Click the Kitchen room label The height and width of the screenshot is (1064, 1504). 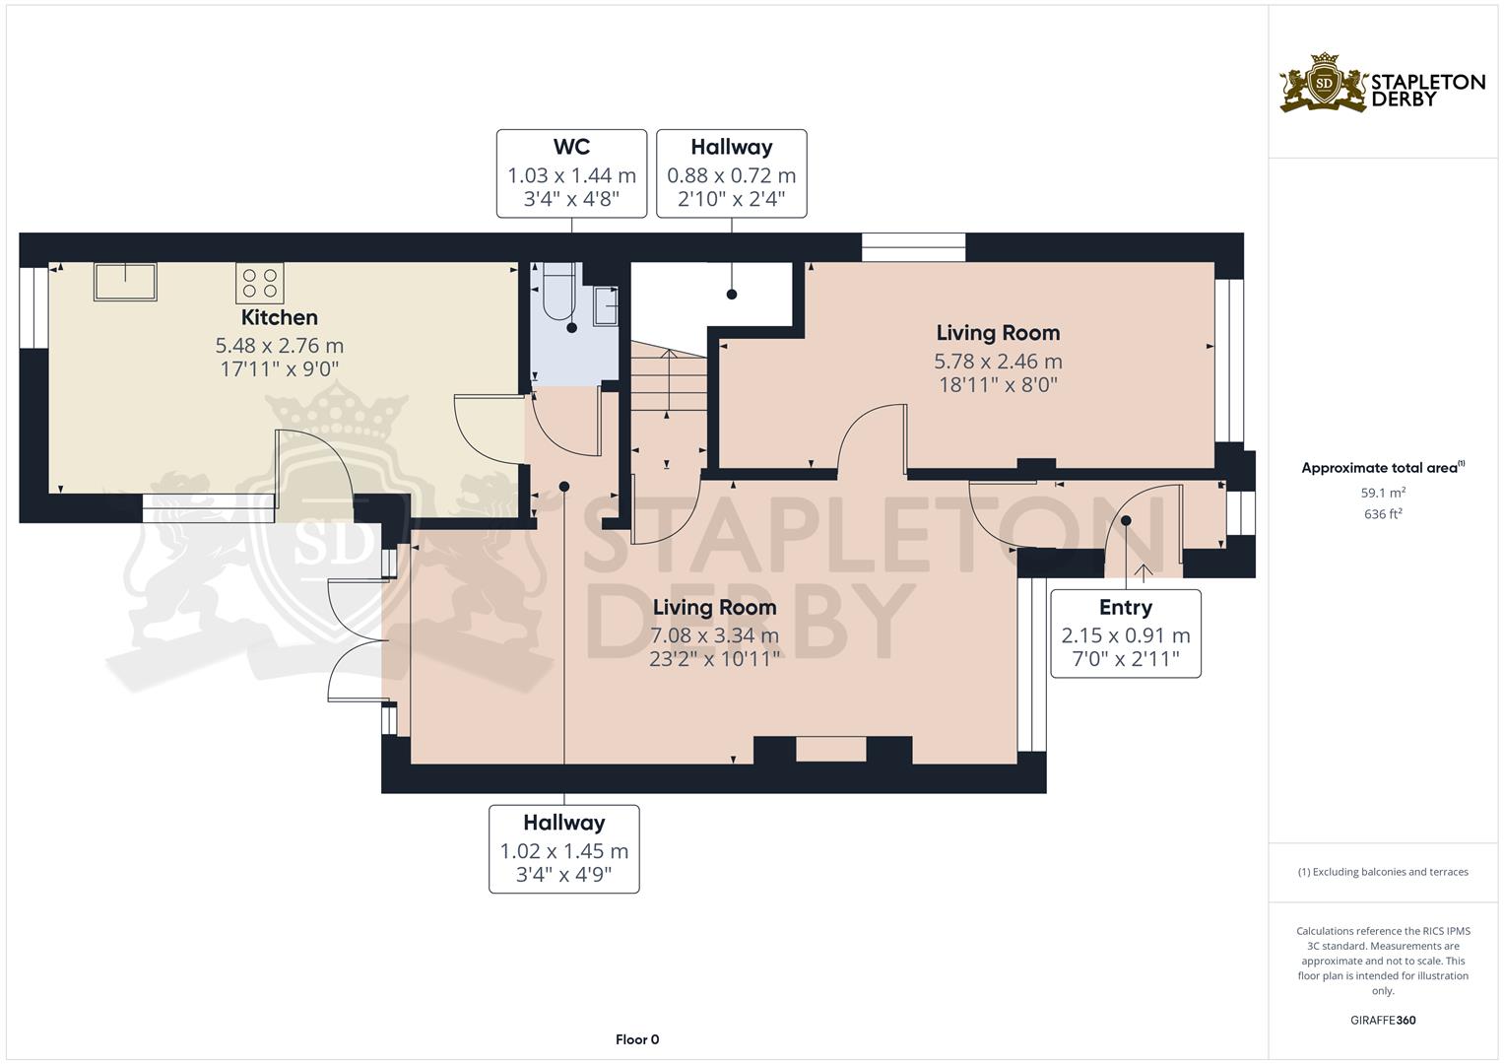280,317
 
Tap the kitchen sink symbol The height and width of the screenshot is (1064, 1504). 125,281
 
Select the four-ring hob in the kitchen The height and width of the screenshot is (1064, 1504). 260,283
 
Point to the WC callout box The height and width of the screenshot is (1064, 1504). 571,173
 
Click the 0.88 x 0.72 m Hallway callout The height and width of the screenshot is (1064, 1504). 731,173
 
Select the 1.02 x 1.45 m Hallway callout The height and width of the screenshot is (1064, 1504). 563,849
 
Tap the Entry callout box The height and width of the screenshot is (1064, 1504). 1125,633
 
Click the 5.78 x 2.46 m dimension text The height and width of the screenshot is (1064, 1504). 998,362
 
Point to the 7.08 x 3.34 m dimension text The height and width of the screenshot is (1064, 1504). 714,635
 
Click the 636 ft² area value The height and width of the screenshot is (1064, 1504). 1383,514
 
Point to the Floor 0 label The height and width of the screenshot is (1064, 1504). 636,1039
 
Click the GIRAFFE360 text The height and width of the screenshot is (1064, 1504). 1383,1021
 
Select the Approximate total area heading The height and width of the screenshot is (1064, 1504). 1382,468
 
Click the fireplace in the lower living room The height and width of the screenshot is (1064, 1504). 831,750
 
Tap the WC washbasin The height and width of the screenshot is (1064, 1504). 605,305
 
